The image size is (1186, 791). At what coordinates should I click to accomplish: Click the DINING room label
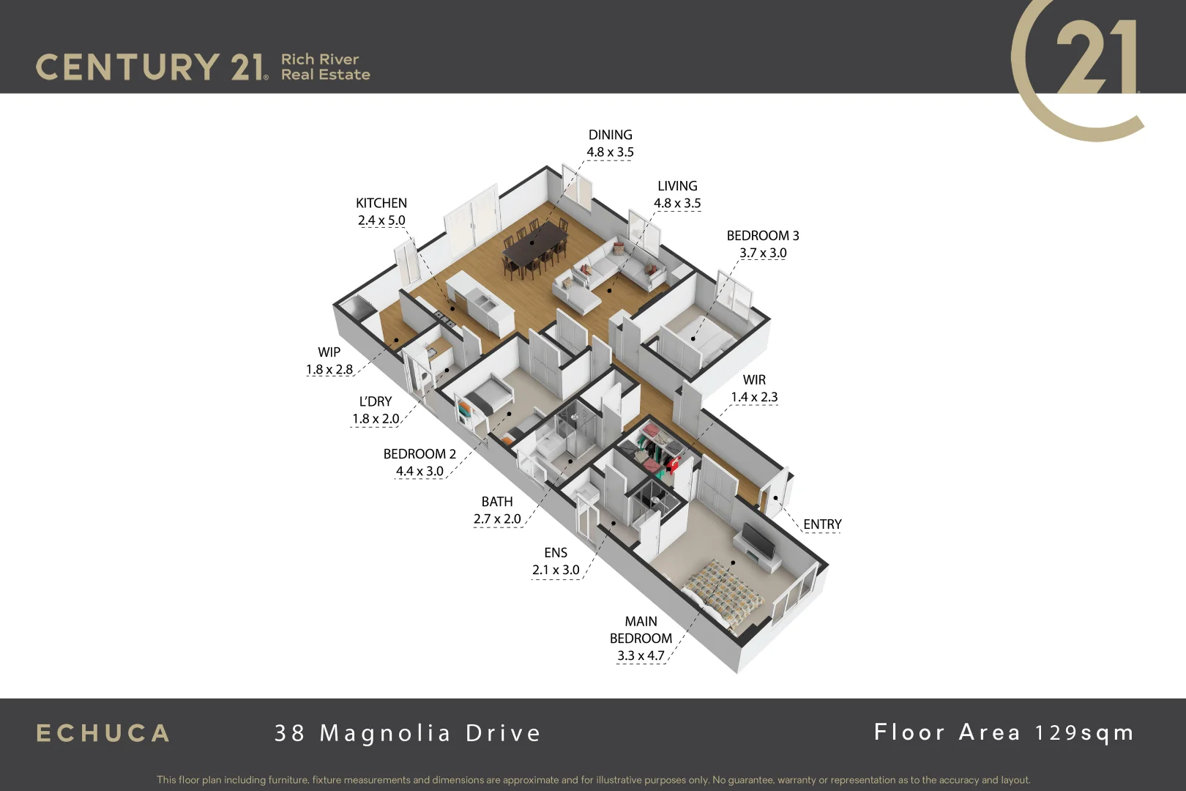tap(610, 135)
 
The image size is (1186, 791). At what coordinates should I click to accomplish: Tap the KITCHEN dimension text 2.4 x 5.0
tap(381, 220)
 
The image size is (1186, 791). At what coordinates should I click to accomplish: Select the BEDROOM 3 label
tap(763, 236)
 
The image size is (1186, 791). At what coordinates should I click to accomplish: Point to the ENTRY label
tap(822, 524)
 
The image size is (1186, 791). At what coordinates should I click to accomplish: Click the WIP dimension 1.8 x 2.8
tap(329, 370)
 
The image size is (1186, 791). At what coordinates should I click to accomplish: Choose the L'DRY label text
tap(376, 401)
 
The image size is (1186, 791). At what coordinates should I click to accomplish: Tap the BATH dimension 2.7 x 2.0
tap(497, 519)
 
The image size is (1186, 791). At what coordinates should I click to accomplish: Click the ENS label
tap(556, 553)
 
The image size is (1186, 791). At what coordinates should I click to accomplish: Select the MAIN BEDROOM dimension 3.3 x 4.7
tap(641, 656)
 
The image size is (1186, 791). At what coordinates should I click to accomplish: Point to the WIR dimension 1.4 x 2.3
tap(754, 397)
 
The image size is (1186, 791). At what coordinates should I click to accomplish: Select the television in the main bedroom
tap(758, 541)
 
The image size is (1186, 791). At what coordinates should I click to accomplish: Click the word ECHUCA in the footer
tap(103, 733)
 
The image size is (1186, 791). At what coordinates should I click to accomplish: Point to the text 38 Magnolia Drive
tap(408, 733)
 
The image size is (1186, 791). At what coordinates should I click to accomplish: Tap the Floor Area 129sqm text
tap(1004, 732)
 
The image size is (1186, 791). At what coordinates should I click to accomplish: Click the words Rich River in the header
tap(320, 59)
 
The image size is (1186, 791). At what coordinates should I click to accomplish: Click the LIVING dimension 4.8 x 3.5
tap(677, 204)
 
